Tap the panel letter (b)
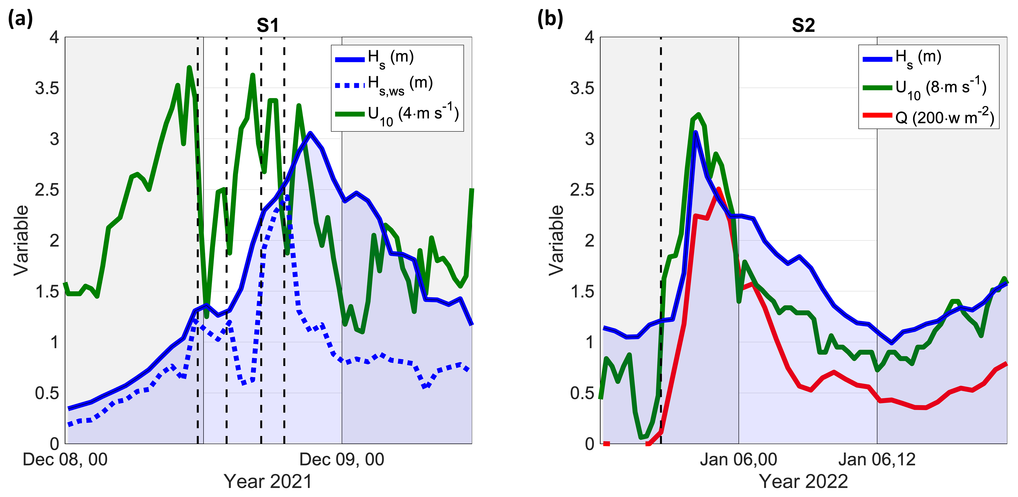[550, 19]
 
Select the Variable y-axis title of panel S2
[556, 240]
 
